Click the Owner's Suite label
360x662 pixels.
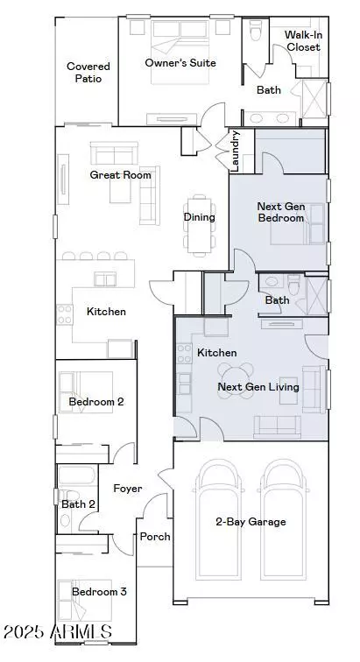(x=180, y=63)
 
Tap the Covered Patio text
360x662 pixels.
(x=88, y=72)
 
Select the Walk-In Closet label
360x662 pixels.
(x=302, y=40)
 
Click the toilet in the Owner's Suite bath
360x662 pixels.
(x=255, y=31)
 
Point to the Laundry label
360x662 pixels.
(x=236, y=151)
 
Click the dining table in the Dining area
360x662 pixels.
(x=199, y=225)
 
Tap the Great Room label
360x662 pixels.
(x=120, y=175)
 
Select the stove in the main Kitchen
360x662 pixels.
(x=65, y=314)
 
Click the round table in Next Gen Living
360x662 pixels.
(x=236, y=381)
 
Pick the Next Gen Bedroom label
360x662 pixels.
(x=281, y=212)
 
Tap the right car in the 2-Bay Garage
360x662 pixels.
(x=284, y=519)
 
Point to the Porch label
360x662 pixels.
(x=155, y=537)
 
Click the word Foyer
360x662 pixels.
(x=128, y=489)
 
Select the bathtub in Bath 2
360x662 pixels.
(x=77, y=475)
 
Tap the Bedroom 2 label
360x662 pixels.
(x=96, y=402)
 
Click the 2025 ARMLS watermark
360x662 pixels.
(x=58, y=631)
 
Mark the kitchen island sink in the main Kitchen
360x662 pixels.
(x=105, y=279)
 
